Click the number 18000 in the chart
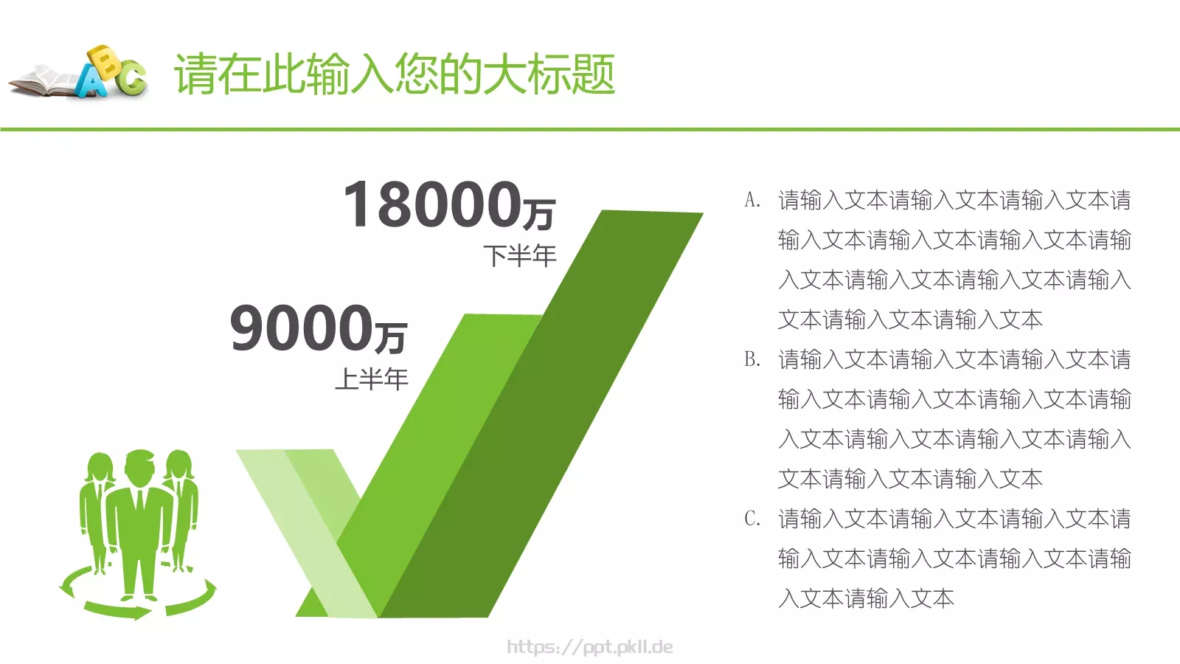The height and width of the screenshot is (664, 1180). (432, 204)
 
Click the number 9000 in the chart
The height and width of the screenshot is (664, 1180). (301, 328)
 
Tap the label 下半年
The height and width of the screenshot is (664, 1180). (520, 256)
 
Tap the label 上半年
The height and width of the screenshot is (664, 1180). (371, 379)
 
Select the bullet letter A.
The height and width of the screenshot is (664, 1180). (752, 200)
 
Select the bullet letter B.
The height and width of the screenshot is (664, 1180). (752, 359)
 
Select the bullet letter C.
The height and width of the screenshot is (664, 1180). (752, 519)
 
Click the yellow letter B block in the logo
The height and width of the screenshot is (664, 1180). (105, 62)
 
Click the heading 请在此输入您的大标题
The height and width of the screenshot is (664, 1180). (395, 75)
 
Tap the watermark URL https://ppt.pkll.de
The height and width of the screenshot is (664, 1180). (589, 647)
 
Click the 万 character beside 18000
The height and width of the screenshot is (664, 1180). (539, 213)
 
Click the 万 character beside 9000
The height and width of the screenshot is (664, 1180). (391, 337)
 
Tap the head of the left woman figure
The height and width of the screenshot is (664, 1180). (100, 467)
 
